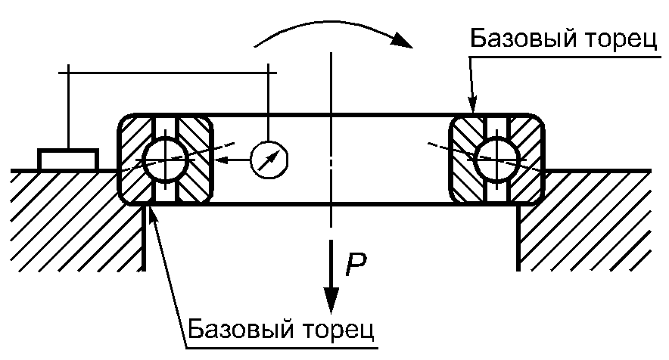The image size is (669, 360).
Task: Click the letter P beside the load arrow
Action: point(356,265)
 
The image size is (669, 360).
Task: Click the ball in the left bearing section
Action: point(165,160)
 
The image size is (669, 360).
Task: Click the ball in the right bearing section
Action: point(496,160)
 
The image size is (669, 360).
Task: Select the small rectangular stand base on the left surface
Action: point(68,160)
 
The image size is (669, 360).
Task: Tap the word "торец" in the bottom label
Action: point(339,331)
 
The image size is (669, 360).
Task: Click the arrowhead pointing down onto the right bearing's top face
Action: point(472,104)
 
